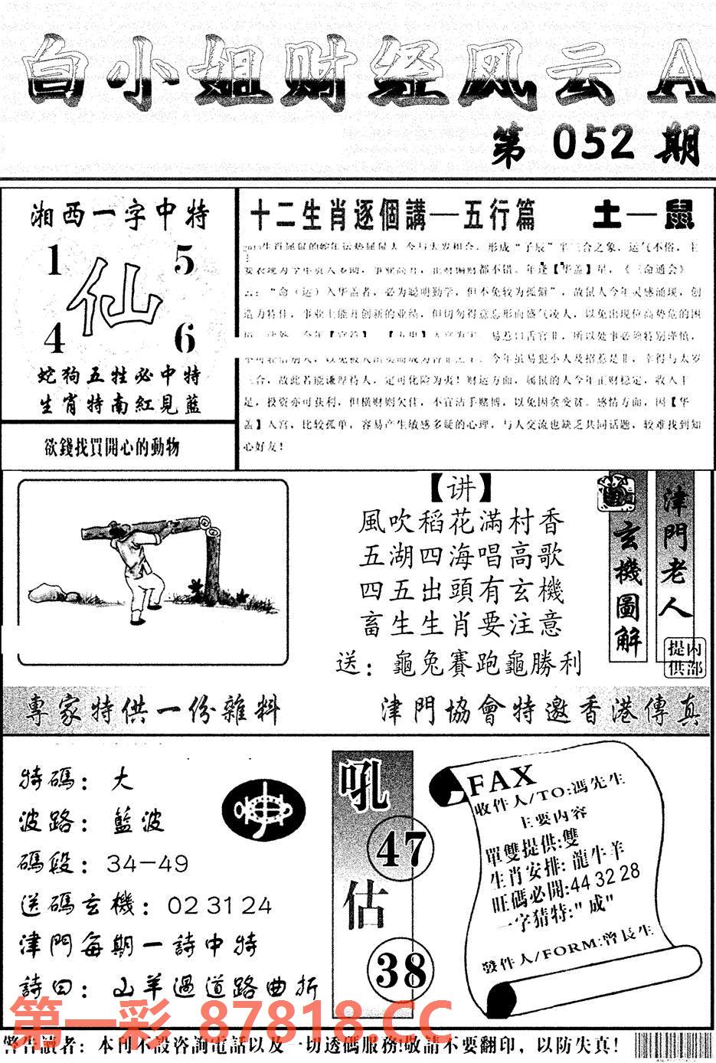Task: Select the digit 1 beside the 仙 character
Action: click(54, 263)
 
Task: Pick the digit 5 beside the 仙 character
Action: click(185, 262)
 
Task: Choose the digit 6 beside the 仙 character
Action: click(185, 338)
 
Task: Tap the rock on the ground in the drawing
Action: click(47, 592)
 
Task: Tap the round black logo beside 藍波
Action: click(262, 810)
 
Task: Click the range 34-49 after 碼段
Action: click(147, 864)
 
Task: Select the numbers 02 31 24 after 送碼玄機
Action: click(219, 906)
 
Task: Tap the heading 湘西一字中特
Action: click(119, 217)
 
